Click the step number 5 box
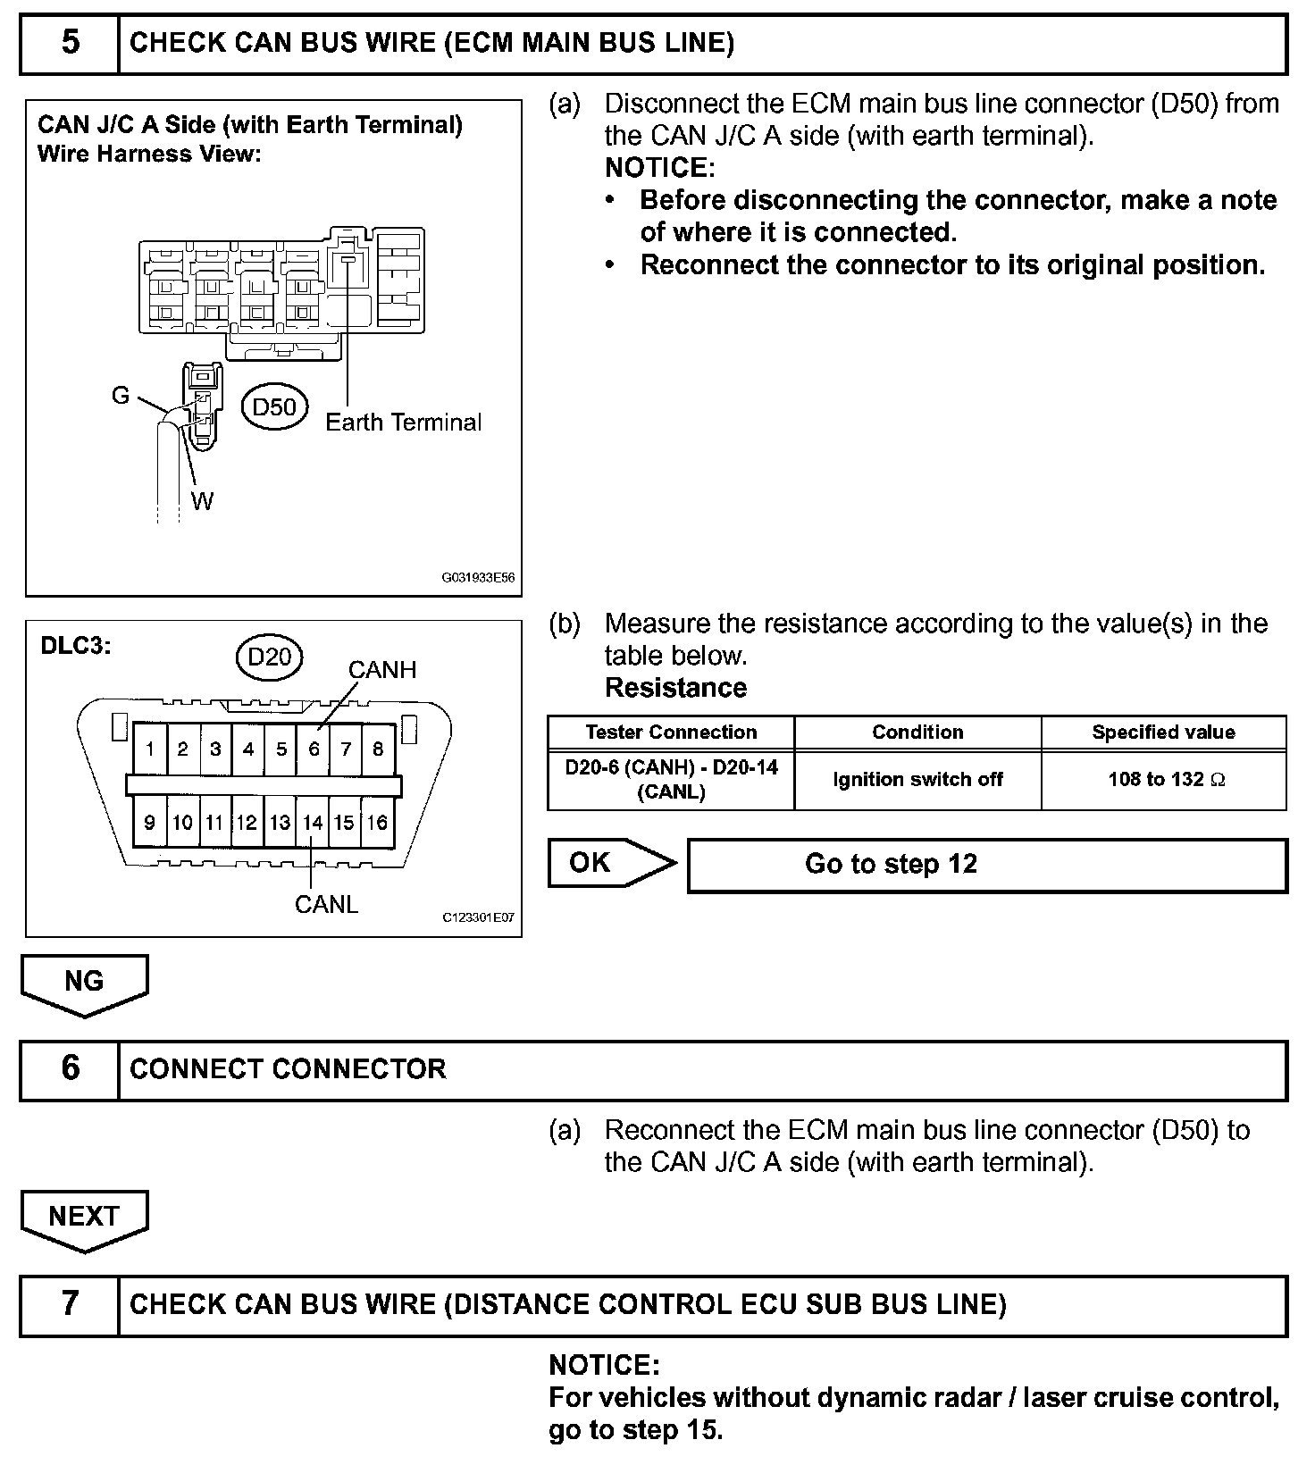(x=70, y=43)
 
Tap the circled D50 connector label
(x=274, y=407)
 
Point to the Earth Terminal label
(x=403, y=423)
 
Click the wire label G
(x=121, y=396)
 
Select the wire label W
(x=203, y=501)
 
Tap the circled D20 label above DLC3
(x=269, y=657)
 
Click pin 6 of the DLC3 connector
(x=314, y=749)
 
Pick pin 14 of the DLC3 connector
(x=313, y=823)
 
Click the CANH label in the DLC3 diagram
(x=382, y=670)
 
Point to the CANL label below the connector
(x=326, y=905)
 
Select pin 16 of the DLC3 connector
(x=378, y=823)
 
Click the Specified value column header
(x=1163, y=732)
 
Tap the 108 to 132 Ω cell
(x=1165, y=780)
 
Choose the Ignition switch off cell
(x=917, y=780)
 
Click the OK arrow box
(x=607, y=863)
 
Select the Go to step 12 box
(x=986, y=865)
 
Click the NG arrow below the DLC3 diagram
(x=84, y=983)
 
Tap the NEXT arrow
(x=84, y=1218)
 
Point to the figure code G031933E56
(x=478, y=578)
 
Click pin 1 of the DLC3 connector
(x=150, y=749)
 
